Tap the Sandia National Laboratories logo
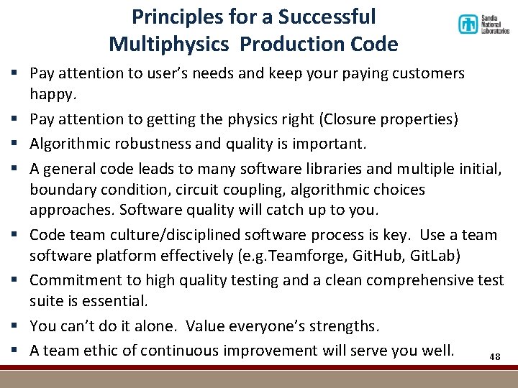coord(483,25)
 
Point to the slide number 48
coord(494,357)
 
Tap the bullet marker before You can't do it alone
coord(14,326)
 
